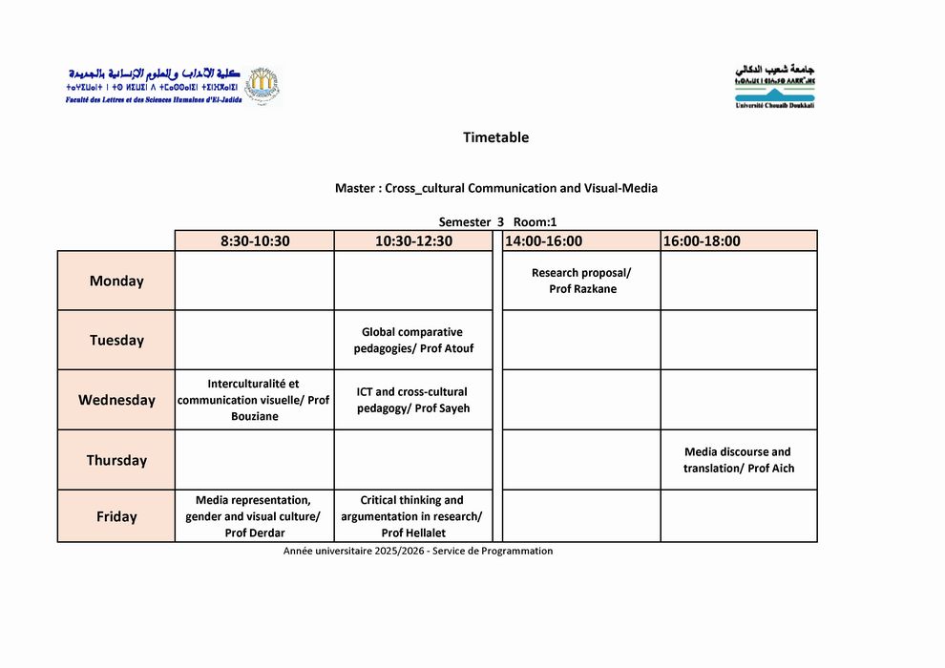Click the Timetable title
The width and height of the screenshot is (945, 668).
point(495,137)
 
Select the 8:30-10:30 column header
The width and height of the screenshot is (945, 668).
point(255,241)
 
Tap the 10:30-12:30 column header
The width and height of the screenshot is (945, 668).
point(413,241)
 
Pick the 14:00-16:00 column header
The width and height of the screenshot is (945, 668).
point(543,241)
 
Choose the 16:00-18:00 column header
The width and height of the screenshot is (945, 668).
point(702,241)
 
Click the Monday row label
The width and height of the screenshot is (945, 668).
point(116,282)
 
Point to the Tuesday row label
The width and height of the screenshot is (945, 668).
point(116,341)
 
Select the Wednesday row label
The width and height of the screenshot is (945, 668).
point(116,400)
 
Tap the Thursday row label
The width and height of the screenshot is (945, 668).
point(116,460)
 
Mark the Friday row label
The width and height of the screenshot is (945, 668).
point(116,517)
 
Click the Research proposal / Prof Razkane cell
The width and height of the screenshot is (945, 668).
point(581,281)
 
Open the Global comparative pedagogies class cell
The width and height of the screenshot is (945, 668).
point(413,341)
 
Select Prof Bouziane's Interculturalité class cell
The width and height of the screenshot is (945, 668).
point(255,400)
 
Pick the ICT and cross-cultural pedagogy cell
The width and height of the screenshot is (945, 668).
point(413,400)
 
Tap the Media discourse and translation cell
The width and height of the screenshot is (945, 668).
point(738,460)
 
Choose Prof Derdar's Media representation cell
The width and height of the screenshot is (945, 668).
point(255,516)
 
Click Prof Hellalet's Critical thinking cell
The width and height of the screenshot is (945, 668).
point(413,516)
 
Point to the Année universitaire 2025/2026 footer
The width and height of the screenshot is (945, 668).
point(418,552)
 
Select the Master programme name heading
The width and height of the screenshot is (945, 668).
point(495,189)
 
